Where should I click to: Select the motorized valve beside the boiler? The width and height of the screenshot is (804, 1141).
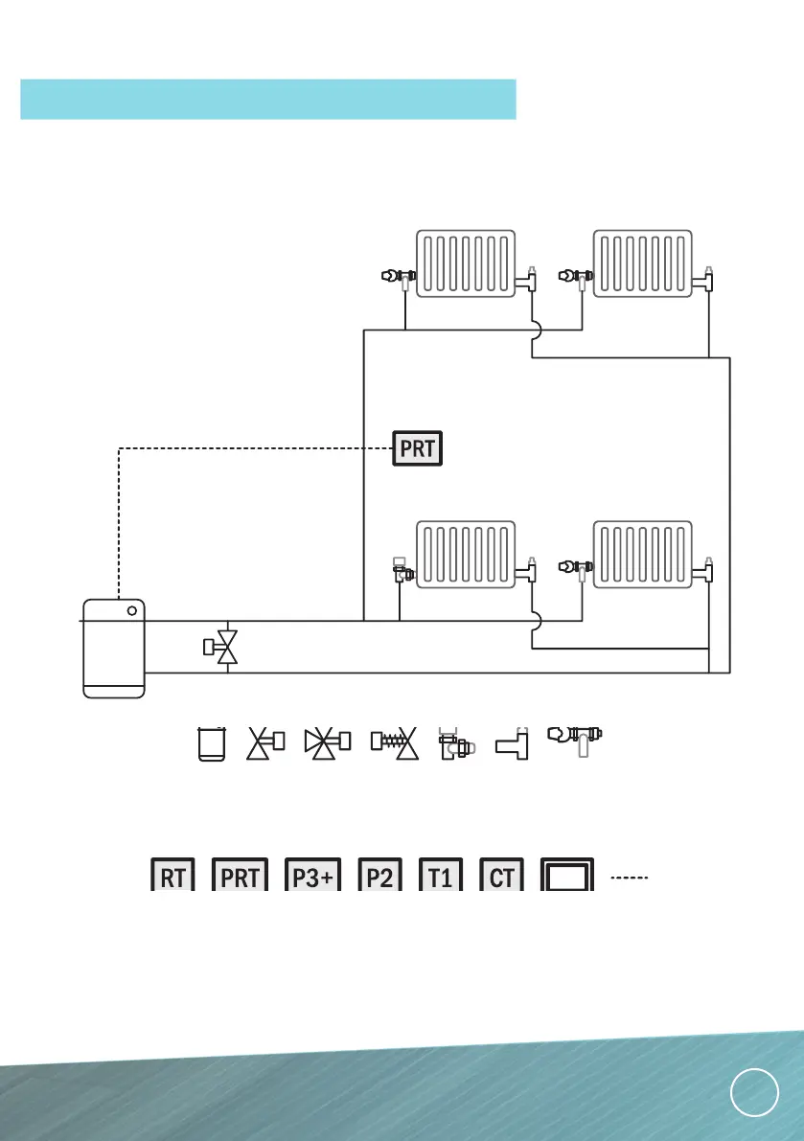pyautogui.click(x=223, y=647)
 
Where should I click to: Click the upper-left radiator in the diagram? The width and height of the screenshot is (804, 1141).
pyautogui.click(x=466, y=262)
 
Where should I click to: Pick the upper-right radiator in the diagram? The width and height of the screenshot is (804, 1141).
pyautogui.click(x=642, y=262)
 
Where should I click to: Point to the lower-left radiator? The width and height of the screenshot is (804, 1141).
pyautogui.click(x=466, y=554)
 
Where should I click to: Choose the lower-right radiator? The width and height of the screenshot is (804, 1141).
pyautogui.click(x=642, y=554)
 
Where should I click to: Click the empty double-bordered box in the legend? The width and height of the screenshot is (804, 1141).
pyautogui.click(x=569, y=873)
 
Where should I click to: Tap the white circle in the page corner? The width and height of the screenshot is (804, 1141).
pyautogui.click(x=753, y=1092)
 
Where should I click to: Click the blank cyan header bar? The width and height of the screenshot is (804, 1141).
pyautogui.click(x=268, y=100)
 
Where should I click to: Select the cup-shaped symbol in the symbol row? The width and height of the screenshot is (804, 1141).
pyautogui.click(x=211, y=743)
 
